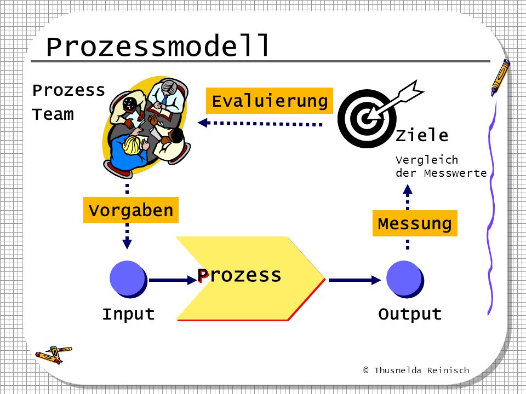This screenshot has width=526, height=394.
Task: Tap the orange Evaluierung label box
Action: pos(270,101)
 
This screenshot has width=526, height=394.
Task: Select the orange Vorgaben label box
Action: pos(131,210)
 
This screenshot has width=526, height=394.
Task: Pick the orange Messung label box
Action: pos(415,223)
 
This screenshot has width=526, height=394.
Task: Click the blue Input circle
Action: pos(128,279)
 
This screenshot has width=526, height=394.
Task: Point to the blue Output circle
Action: pos(405,279)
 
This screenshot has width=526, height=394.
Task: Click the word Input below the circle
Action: pos(128,314)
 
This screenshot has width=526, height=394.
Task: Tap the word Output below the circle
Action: pos(410,314)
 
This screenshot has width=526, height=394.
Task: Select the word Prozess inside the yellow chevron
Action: pos(239,275)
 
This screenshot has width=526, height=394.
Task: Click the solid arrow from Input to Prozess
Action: pos(173,280)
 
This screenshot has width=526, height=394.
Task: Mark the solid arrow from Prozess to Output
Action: pos(355,280)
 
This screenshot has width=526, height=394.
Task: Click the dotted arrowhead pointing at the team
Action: pos(204,123)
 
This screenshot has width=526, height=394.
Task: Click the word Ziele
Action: pos(422,135)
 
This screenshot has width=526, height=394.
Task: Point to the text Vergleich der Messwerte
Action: pos(441,166)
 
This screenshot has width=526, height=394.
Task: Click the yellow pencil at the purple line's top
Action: pos(500,77)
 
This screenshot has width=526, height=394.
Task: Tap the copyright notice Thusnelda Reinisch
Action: pos(416,370)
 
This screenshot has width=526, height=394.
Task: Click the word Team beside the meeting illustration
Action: pos(53,114)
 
